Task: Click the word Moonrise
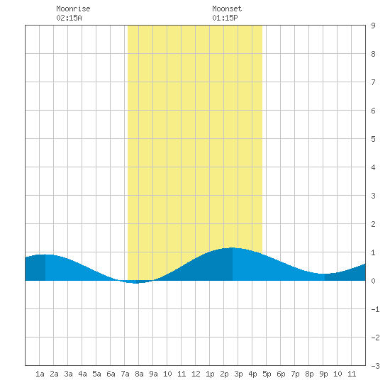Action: coord(73,9)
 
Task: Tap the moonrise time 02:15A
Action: coord(69,18)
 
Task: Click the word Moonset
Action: coord(227,9)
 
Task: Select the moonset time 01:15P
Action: coord(225,18)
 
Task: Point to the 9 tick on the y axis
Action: coord(373,26)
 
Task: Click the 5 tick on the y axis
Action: coord(373,139)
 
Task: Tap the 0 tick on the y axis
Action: coord(373,281)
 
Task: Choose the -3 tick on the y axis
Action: coord(375,366)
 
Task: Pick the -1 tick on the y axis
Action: coord(375,309)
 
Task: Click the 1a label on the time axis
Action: coord(40,374)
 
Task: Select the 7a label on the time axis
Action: coord(125,374)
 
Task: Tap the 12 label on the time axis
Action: coord(196,374)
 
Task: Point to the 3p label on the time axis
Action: coord(238,374)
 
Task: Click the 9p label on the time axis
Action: coord(323,374)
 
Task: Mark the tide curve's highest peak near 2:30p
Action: coord(232,247)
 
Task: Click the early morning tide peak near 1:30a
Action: coord(45,255)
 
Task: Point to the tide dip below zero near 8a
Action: coord(136,283)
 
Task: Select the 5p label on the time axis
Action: coord(267,374)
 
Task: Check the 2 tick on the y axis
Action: coord(373,224)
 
